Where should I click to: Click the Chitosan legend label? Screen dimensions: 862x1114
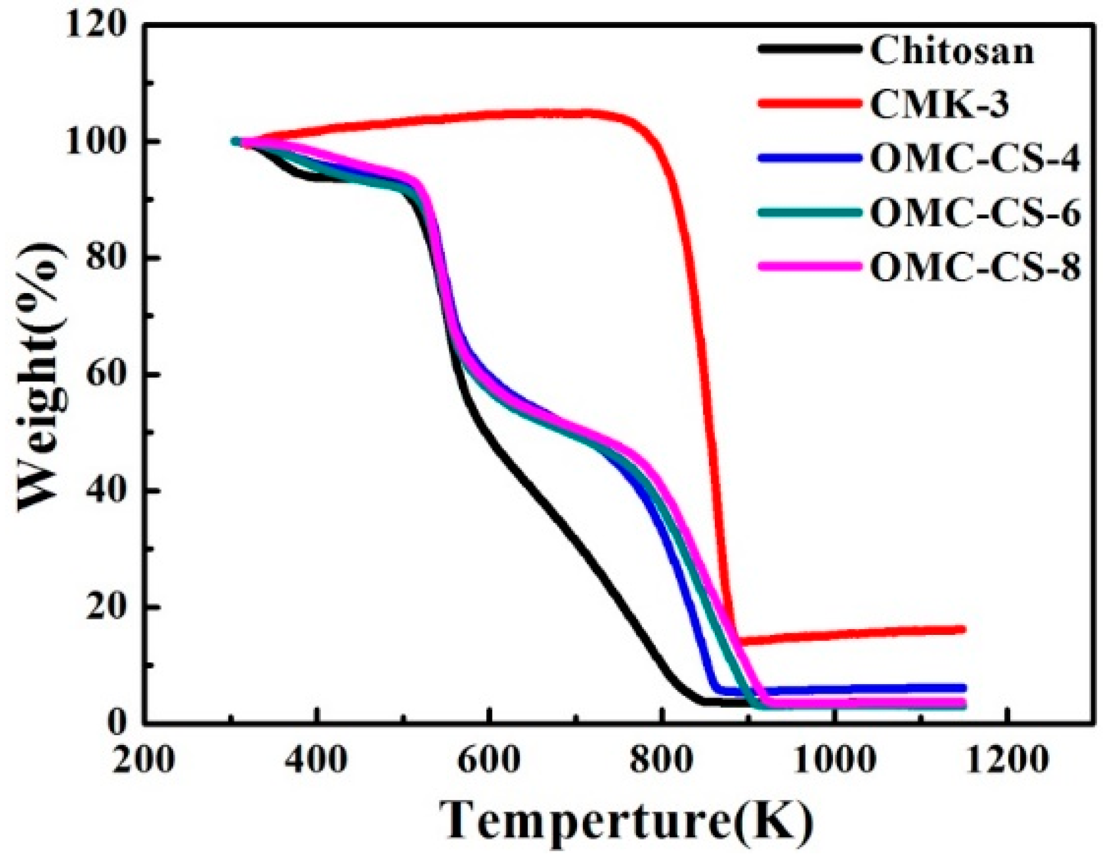951,51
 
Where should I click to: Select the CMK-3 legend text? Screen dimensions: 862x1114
939,105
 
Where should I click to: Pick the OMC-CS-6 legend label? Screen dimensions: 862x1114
975,213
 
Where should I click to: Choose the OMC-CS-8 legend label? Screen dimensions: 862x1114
975,266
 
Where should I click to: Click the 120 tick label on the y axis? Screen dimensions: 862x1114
96,25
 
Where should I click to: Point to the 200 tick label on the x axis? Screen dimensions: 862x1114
143,759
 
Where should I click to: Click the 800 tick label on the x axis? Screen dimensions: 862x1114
661,759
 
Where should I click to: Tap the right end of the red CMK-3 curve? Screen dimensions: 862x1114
963,629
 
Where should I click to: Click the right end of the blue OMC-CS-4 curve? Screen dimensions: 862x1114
963,688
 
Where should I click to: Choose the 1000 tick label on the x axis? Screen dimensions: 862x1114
834,759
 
